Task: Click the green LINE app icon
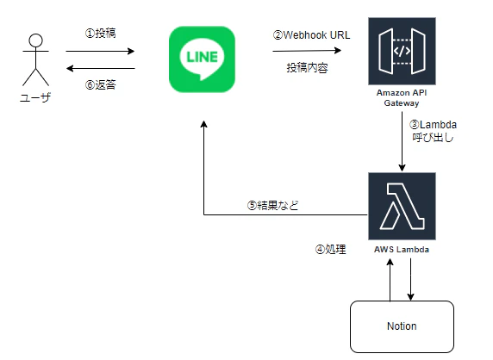(x=202, y=59)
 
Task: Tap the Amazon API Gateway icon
(x=402, y=51)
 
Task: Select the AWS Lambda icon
(x=402, y=206)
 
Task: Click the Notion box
(x=402, y=326)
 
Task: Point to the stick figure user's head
(x=35, y=40)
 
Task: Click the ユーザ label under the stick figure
(x=35, y=97)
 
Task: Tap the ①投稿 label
(x=100, y=33)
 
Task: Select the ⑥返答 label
(x=100, y=84)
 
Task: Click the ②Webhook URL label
(x=311, y=34)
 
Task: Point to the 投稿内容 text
(x=307, y=67)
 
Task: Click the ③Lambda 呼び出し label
(x=433, y=131)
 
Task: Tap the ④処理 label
(x=330, y=250)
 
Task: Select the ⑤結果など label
(x=272, y=205)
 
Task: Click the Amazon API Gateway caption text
(x=402, y=97)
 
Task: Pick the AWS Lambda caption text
(x=402, y=250)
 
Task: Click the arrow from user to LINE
(x=100, y=51)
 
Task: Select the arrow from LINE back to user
(x=101, y=68)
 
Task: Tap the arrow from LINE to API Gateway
(x=307, y=51)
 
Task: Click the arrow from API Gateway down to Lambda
(x=402, y=141)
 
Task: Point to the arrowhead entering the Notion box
(x=410, y=297)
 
